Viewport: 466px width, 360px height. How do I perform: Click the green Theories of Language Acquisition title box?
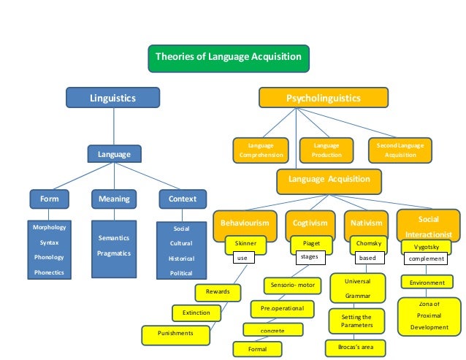tap(229, 58)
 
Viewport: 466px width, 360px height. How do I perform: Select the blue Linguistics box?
tap(112, 97)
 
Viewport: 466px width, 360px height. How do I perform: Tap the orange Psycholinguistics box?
tap(323, 97)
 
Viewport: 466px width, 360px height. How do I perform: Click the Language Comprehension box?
tap(260, 150)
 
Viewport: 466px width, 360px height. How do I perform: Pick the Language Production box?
tap(326, 150)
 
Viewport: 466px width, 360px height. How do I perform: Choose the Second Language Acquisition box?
tap(400, 150)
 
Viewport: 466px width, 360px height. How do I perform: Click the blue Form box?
tap(50, 199)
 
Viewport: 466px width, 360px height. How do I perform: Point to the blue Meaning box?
tap(113, 199)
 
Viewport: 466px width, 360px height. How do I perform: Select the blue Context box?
tap(183, 199)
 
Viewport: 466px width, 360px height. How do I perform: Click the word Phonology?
tap(49, 257)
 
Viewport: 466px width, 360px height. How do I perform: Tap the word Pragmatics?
tap(114, 253)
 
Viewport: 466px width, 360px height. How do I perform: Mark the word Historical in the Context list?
tap(181, 258)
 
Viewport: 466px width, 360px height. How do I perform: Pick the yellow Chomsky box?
tap(367, 243)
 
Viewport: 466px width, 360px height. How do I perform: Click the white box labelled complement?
tap(427, 258)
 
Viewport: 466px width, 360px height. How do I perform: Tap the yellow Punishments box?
tap(175, 333)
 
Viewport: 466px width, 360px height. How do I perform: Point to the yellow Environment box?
tap(427, 282)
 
